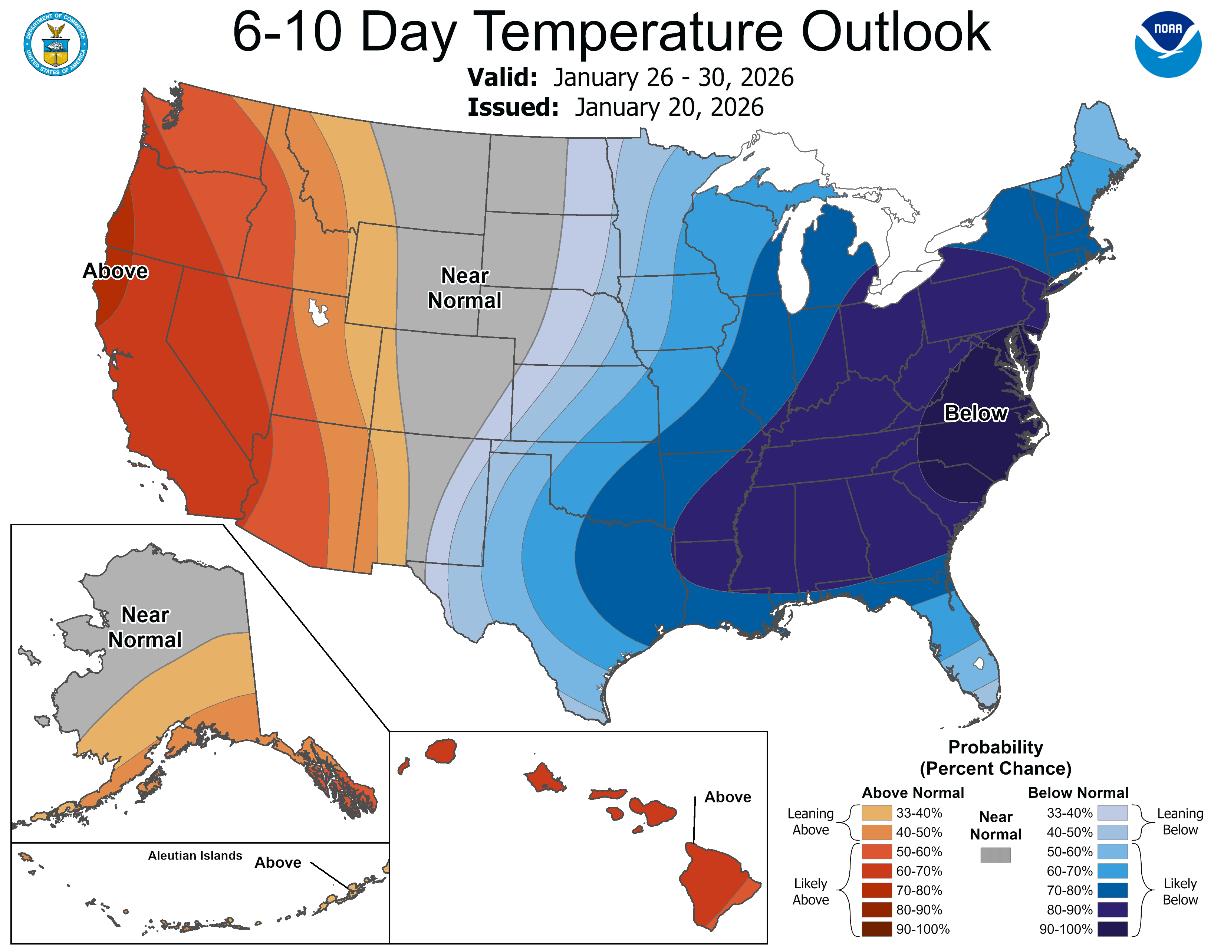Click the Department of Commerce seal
click(56, 44)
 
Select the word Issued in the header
click(513, 107)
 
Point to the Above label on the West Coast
click(115, 271)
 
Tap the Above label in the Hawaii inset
click(727, 797)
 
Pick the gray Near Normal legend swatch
click(996, 855)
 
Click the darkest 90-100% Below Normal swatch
click(1112, 929)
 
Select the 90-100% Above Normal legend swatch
click(876, 929)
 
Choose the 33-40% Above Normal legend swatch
click(876, 812)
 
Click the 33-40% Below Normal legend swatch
click(1112, 812)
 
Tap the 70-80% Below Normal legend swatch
click(1112, 890)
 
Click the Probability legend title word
click(996, 747)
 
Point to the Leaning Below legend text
click(1180, 822)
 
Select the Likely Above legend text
click(810, 891)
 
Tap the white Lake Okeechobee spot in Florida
click(978, 664)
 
